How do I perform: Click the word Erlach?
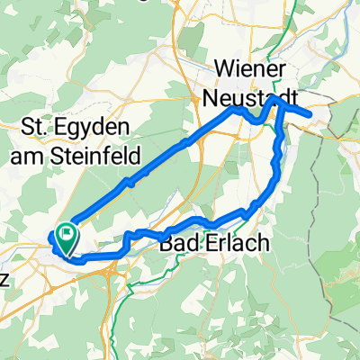[x=221, y=244]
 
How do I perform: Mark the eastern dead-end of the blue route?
[x=310, y=113]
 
